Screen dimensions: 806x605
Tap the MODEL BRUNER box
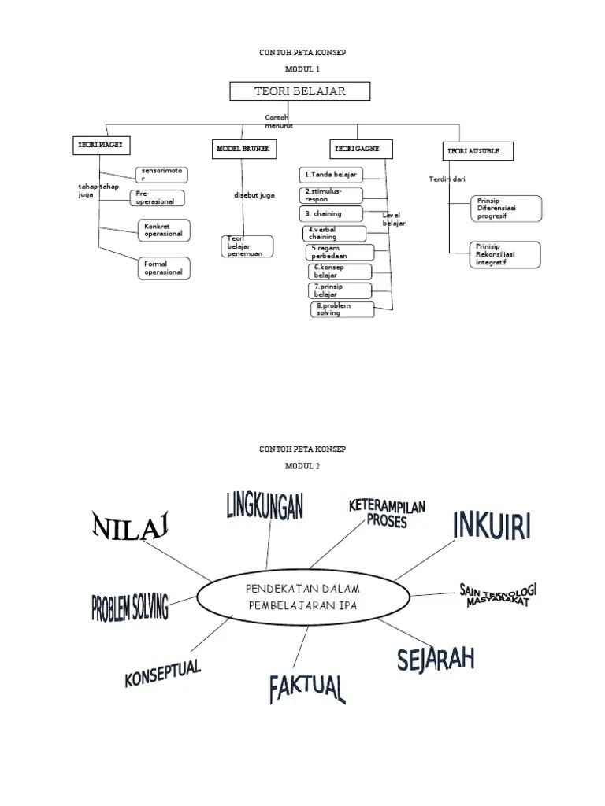tap(242, 149)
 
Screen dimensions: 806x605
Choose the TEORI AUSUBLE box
tap(478, 150)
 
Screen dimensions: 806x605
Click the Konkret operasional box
tap(164, 230)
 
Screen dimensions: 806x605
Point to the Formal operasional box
tap(164, 268)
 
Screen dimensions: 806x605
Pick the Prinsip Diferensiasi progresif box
tap(505, 209)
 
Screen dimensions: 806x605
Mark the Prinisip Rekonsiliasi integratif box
tap(505, 254)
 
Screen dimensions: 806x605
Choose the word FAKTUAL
tap(306, 688)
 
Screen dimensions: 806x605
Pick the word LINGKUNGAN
tap(265, 505)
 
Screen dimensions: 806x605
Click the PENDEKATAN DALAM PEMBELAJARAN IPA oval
tap(291, 597)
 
